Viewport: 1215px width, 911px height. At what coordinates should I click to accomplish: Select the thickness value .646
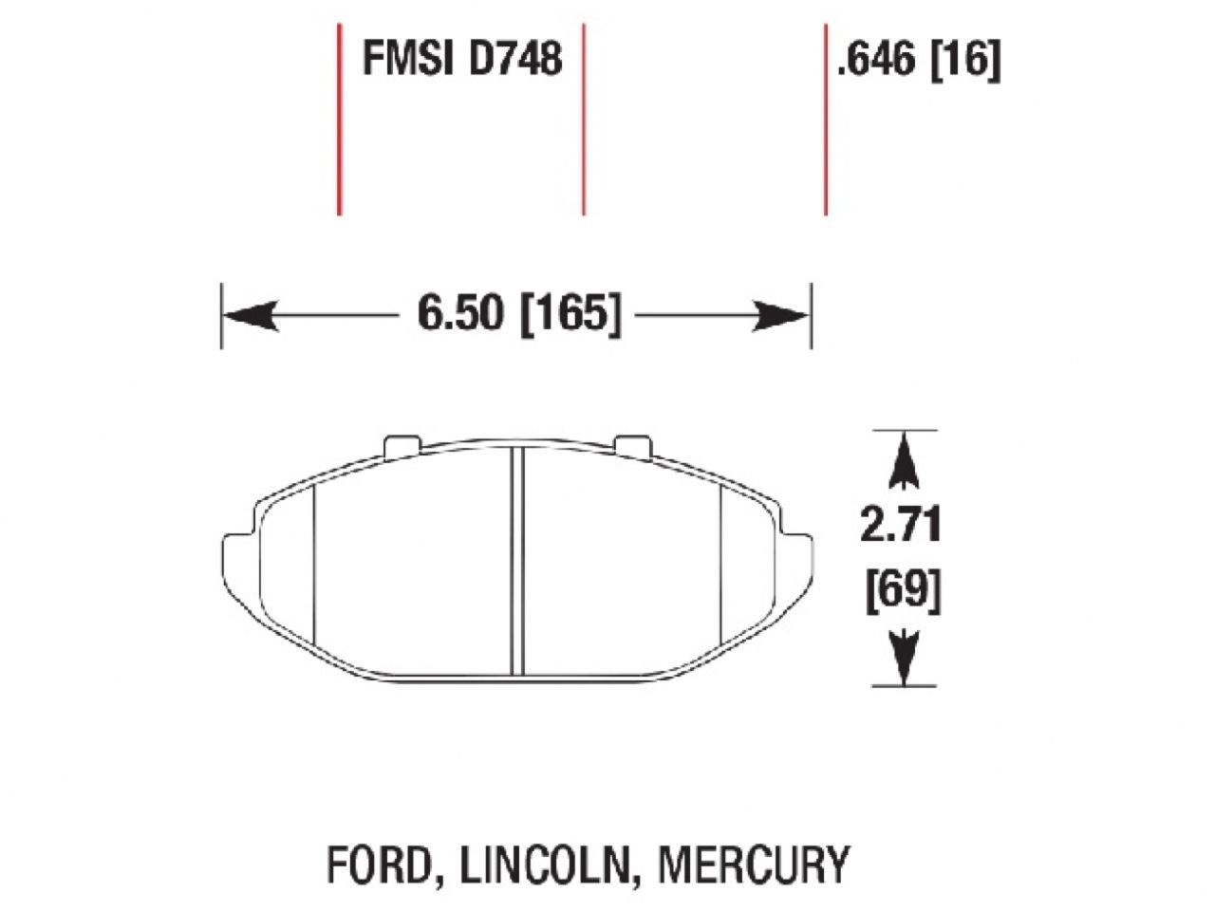(x=876, y=62)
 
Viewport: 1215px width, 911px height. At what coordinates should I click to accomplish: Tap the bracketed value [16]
(x=966, y=62)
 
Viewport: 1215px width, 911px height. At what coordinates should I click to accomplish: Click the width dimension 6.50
(x=460, y=314)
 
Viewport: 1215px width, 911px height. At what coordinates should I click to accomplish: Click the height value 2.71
(x=900, y=526)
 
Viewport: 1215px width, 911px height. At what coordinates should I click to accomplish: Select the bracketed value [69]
(x=902, y=592)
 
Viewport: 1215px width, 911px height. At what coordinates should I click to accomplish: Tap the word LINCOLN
(x=546, y=865)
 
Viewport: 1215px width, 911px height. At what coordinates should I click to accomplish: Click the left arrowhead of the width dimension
(x=249, y=315)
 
